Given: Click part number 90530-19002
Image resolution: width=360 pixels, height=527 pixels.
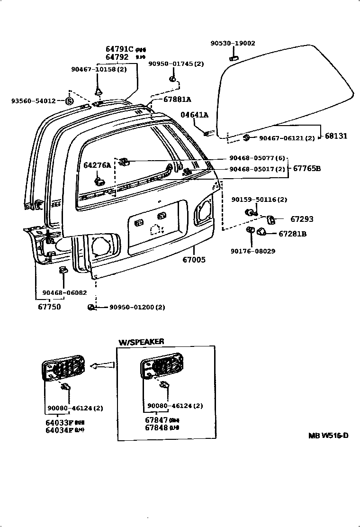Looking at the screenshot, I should (x=233, y=43).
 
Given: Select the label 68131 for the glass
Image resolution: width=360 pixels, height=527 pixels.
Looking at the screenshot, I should (x=336, y=136).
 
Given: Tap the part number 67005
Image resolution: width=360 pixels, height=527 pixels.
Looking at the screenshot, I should (x=194, y=260).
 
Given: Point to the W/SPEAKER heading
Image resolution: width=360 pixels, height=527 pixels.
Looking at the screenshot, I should (x=141, y=341).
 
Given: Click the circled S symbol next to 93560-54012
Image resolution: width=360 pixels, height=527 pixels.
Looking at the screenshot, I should (x=69, y=101).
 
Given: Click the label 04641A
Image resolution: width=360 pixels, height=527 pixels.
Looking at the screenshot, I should (x=194, y=114).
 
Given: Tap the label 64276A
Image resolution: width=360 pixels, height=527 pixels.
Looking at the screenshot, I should (x=97, y=165).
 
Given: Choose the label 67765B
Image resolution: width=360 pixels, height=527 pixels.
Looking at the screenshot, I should (x=306, y=168).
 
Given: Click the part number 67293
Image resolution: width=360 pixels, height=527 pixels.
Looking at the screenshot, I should (x=302, y=219).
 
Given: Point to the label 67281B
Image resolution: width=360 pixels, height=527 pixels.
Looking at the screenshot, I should (x=292, y=234).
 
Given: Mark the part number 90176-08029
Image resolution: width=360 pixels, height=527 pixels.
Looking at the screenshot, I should (x=253, y=251).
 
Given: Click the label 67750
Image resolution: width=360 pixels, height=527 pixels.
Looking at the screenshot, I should (x=50, y=307).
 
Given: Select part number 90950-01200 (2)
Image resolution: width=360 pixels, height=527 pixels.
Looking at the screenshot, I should (x=137, y=307).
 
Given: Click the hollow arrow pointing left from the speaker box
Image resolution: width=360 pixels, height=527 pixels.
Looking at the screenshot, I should (x=103, y=365).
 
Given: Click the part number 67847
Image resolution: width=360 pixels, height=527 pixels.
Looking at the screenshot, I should (x=157, y=420).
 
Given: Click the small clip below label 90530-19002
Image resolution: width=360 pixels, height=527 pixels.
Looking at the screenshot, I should (x=234, y=58).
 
